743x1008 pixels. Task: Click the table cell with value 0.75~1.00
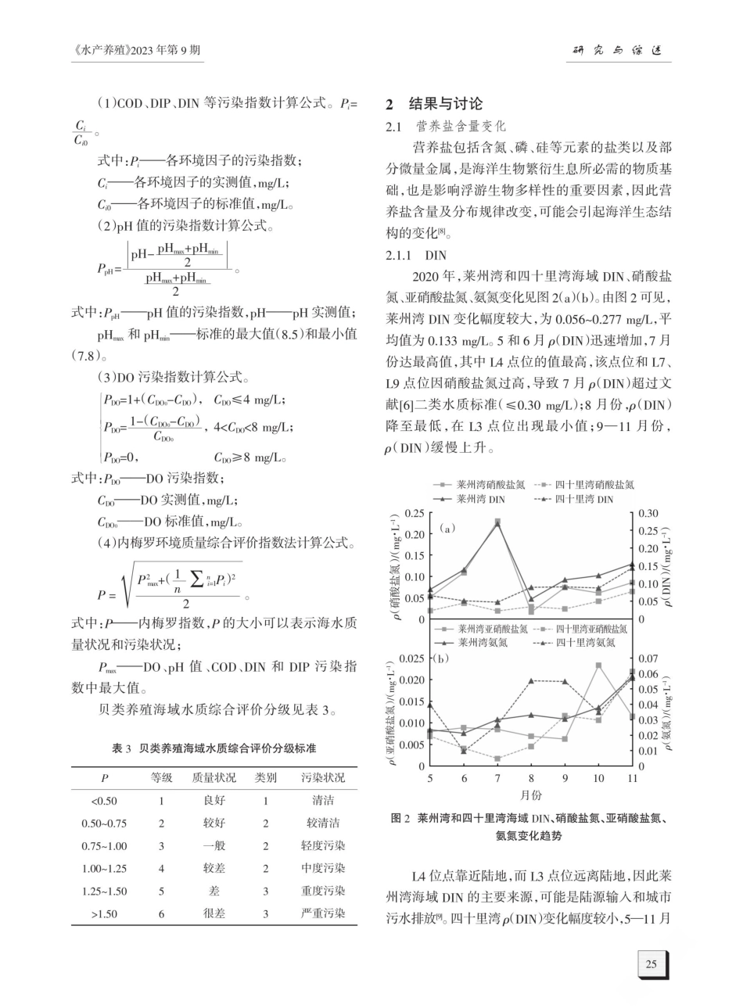click(x=104, y=845)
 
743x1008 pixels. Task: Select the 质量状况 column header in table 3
click(x=214, y=778)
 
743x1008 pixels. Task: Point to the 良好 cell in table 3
click(x=214, y=801)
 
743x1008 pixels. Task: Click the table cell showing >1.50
click(x=104, y=913)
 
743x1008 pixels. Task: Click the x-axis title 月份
click(x=531, y=794)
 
